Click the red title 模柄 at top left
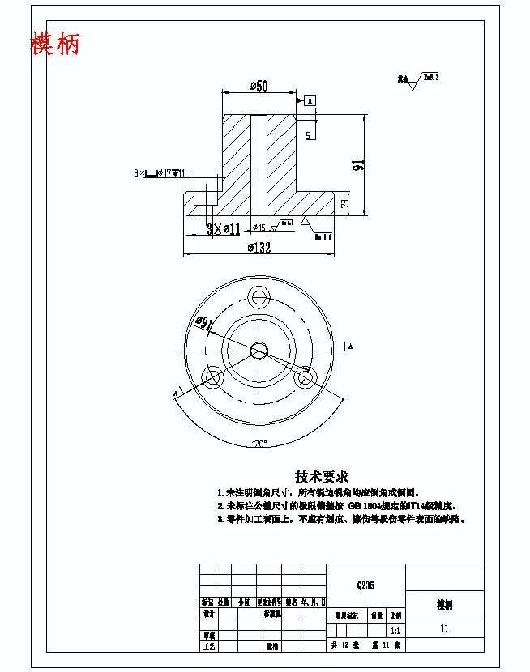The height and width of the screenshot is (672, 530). [x=55, y=44]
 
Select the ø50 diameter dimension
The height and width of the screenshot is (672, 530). [x=259, y=86]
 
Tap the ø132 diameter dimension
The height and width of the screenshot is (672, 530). [x=259, y=248]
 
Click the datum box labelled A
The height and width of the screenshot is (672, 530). [x=310, y=100]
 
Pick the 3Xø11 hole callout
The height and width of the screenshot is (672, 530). [x=223, y=229]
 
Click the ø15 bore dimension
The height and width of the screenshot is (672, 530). [x=259, y=228]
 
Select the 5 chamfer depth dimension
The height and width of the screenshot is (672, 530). [x=309, y=134]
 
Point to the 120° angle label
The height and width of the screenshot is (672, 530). [x=259, y=444]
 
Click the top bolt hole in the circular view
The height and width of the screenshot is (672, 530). [x=259, y=297]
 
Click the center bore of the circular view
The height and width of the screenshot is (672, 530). [x=259, y=350]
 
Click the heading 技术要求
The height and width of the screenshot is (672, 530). [x=321, y=477]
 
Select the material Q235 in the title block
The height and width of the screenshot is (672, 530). [x=365, y=583]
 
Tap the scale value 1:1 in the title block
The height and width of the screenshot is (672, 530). [x=395, y=629]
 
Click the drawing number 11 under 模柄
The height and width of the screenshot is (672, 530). [x=444, y=628]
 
